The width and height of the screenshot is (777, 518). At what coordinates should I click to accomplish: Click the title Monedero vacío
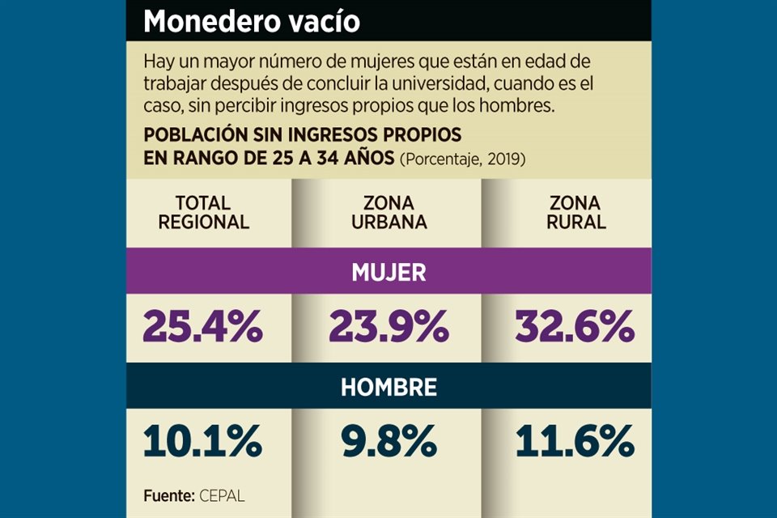(x=251, y=22)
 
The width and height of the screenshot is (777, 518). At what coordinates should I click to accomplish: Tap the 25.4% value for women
(x=202, y=327)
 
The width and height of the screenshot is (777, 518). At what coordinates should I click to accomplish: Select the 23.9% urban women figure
(x=388, y=327)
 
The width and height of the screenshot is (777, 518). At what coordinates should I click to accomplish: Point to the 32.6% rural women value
(x=575, y=327)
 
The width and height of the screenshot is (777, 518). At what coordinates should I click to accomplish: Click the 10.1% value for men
(x=202, y=442)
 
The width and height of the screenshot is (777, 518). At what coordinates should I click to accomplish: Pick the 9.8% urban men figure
(x=388, y=442)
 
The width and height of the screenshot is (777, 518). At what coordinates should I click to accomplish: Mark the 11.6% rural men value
(x=575, y=442)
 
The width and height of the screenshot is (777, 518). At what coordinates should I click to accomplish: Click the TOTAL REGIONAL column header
(x=203, y=212)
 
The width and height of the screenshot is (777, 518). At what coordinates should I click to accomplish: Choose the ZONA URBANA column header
(x=388, y=212)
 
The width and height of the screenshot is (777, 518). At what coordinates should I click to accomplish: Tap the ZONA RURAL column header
(x=575, y=212)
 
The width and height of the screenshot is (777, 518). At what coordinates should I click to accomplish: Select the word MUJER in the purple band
(x=388, y=272)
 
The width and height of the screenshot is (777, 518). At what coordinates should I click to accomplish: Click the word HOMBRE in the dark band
(x=388, y=387)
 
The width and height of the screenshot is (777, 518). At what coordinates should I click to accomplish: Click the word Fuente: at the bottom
(x=169, y=495)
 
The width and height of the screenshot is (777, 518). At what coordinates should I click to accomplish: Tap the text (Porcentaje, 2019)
(x=463, y=159)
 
